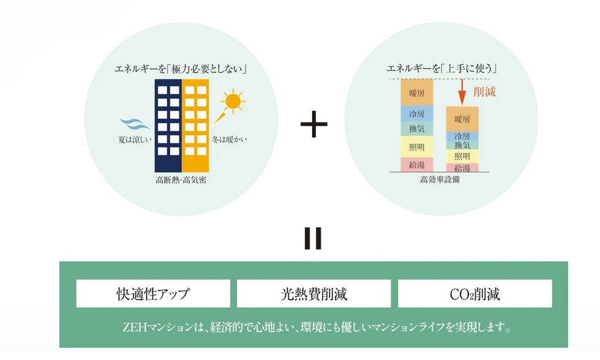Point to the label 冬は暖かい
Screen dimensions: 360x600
pyautogui.click(x=229, y=140)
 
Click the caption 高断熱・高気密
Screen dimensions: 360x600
pyautogui.click(x=181, y=181)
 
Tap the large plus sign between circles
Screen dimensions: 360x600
pyautogui.click(x=314, y=124)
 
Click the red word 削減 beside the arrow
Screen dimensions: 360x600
pyautogui.click(x=484, y=92)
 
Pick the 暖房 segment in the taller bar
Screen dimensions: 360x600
pyautogui.click(x=417, y=93)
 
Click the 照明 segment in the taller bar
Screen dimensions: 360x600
pyautogui.click(x=417, y=146)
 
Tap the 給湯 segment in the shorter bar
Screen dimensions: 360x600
pyautogui.click(x=462, y=168)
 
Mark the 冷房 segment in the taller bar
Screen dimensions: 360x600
pyautogui.click(x=417, y=114)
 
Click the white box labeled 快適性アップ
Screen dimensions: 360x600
pyautogui.click(x=153, y=294)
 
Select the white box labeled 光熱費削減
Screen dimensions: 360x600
pyautogui.click(x=313, y=294)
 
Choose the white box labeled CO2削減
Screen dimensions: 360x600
pyautogui.click(x=474, y=294)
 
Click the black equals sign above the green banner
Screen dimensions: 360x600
pyautogui.click(x=313, y=239)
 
